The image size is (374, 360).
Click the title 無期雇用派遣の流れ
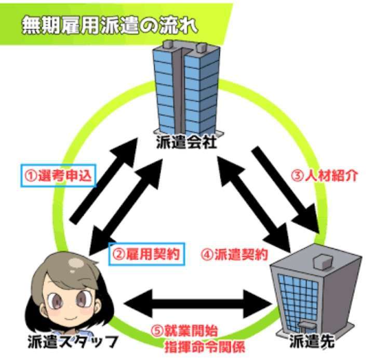pos(110,25)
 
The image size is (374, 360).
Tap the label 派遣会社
pos(186,142)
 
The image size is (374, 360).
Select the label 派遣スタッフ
pos(73,342)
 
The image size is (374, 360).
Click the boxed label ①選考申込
pos(58,176)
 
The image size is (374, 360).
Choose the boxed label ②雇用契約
pos(146,254)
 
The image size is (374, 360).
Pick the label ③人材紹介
pos(325,176)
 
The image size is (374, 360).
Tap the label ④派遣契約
pos(234,255)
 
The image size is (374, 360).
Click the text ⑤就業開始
pos(184,331)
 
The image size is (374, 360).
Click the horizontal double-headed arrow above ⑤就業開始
pos(198,304)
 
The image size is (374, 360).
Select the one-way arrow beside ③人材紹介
pos(286,190)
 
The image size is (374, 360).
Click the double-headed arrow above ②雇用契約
pos(126,207)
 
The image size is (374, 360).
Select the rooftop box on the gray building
pos(323,262)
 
